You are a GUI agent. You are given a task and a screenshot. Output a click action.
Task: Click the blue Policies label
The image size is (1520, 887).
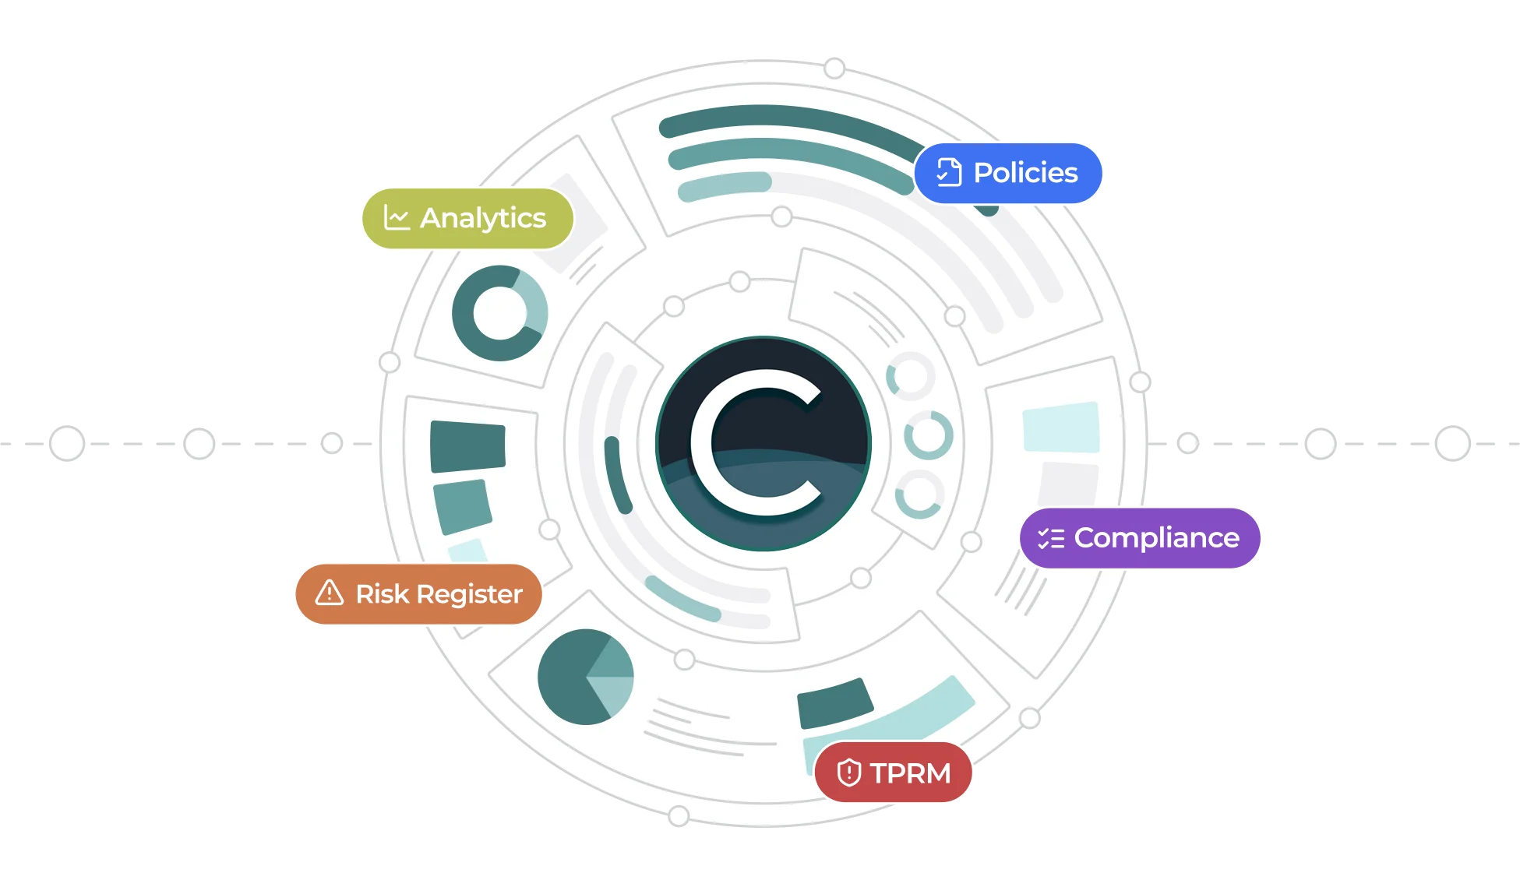pos(1007,173)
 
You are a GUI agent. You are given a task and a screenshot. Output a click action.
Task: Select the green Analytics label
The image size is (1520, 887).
pos(467,218)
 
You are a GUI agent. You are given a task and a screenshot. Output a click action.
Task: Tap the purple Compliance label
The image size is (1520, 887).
pos(1140,538)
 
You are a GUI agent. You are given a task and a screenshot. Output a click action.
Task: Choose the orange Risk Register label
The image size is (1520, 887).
pos(418,594)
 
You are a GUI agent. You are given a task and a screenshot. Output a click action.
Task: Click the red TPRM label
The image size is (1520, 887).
pos(893,773)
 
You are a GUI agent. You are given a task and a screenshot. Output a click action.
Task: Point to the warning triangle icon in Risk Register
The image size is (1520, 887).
pos(330,593)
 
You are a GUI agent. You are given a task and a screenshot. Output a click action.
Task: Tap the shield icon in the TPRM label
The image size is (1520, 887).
pos(848,773)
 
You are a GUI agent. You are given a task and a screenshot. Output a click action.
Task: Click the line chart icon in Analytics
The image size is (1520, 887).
pos(397,217)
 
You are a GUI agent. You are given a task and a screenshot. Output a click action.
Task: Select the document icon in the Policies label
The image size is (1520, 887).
pos(949,172)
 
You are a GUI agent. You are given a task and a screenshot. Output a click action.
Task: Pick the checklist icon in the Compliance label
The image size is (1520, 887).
pos(1051,538)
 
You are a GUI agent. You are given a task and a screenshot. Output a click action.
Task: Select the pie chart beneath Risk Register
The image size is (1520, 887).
pos(586,677)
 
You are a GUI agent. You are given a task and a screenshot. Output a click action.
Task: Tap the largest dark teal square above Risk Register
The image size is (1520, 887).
pos(467,446)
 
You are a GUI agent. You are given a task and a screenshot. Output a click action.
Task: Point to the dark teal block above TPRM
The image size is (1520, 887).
pos(834,702)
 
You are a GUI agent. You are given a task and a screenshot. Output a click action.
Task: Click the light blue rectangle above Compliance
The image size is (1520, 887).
pos(1061,427)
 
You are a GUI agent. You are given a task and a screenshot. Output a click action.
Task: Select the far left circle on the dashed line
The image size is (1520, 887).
pos(67,443)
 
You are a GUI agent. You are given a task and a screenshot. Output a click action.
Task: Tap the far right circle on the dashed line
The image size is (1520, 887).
pos(1453,443)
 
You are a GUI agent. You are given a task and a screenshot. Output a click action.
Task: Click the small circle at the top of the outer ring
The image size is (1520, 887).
pos(834,69)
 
